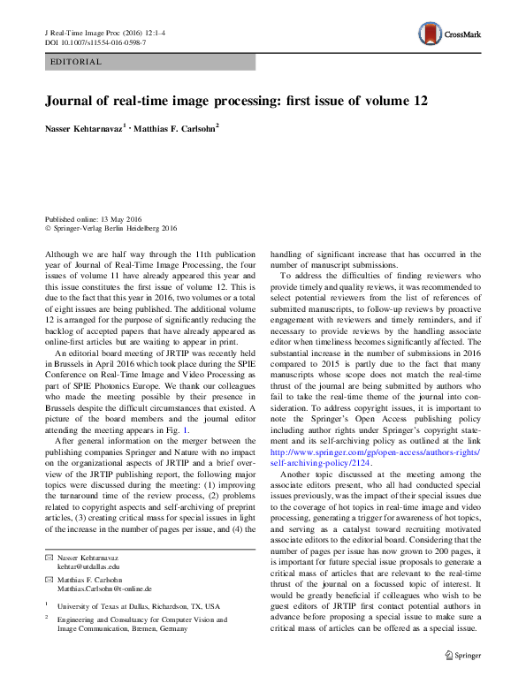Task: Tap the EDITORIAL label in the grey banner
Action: pos(77,63)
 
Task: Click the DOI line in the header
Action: pos(95,42)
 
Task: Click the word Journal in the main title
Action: pos(72,101)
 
